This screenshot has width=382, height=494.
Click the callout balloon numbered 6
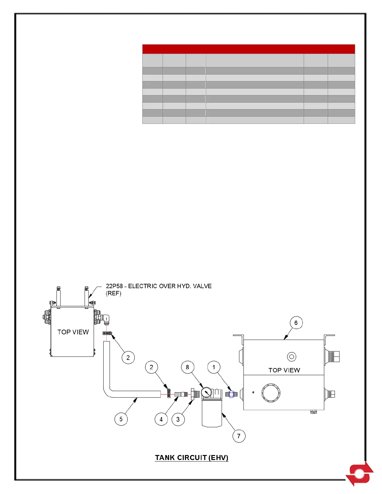pyautogui.click(x=296, y=323)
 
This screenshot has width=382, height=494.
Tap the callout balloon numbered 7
pyautogui.click(x=239, y=436)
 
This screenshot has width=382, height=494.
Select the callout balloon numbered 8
pyautogui.click(x=187, y=367)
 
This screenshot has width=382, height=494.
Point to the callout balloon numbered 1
pyautogui.click(x=214, y=367)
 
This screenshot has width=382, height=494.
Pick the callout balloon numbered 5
pyautogui.click(x=121, y=419)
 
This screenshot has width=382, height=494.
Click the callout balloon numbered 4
pyautogui.click(x=161, y=419)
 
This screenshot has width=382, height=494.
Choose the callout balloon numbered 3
pyautogui.click(x=178, y=419)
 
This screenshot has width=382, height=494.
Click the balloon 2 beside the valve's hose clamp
pyautogui.click(x=128, y=357)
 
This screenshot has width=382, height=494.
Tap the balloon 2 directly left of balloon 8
pyautogui.click(x=151, y=367)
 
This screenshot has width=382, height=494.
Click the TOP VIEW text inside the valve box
pyautogui.click(x=73, y=332)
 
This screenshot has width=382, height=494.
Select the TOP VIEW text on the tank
pyautogui.click(x=284, y=370)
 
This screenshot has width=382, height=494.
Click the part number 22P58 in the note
pyautogui.click(x=114, y=286)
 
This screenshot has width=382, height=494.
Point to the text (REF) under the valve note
pyautogui.click(x=114, y=293)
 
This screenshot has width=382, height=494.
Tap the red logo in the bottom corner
pyautogui.click(x=360, y=474)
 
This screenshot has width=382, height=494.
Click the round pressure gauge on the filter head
pyautogui.click(x=206, y=392)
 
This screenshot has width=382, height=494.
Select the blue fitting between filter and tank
pyautogui.click(x=231, y=394)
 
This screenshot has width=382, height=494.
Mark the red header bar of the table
pyautogui.click(x=248, y=49)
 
